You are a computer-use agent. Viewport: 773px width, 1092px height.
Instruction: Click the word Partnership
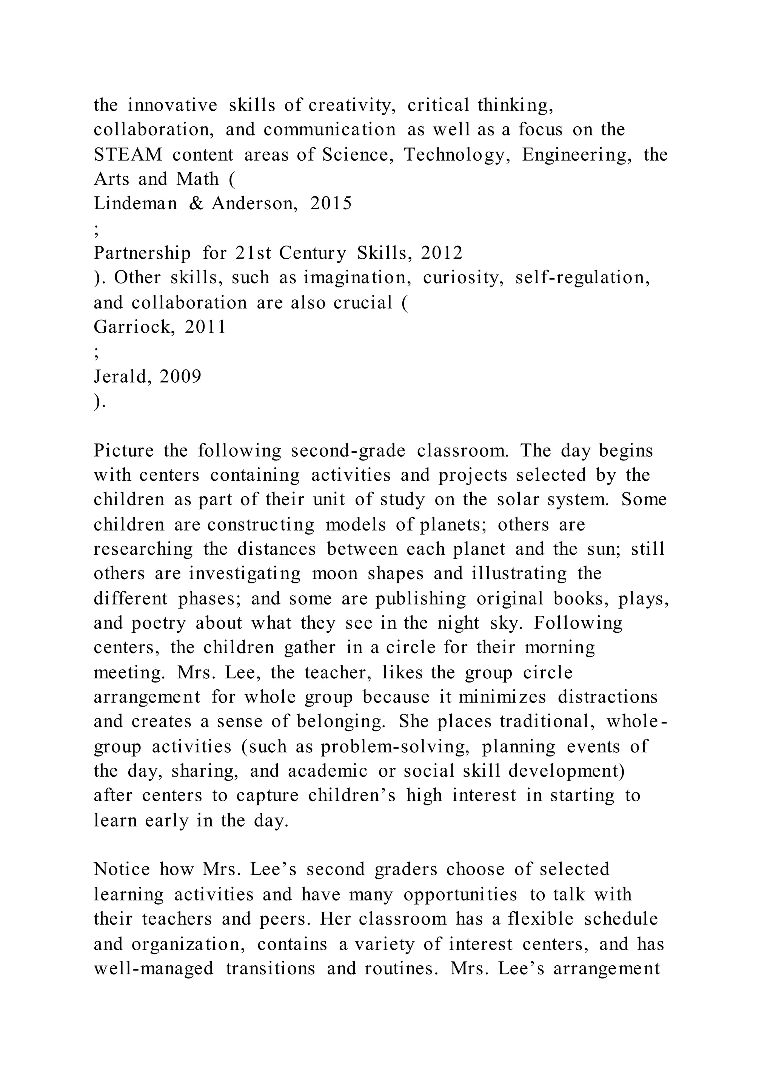tap(142, 253)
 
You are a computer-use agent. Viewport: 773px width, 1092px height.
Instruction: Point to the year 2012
tap(442, 253)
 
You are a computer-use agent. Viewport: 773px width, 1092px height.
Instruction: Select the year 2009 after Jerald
tap(180, 376)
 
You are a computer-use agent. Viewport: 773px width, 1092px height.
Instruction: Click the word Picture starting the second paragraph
tap(124, 450)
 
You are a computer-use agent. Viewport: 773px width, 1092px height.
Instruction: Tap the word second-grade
tap(348, 450)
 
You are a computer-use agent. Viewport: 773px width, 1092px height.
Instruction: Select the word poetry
tap(159, 623)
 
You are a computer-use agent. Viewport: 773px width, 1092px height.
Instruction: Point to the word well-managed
tap(154, 968)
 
